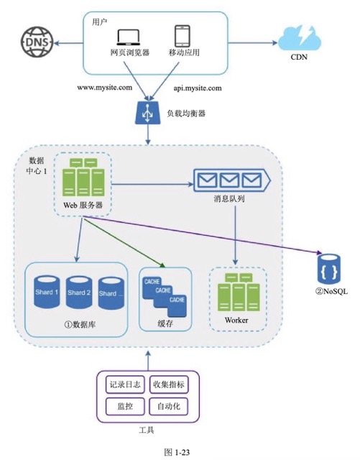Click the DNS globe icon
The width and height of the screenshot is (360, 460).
coord(37,42)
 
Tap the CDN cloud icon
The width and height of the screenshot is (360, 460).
coord(299,38)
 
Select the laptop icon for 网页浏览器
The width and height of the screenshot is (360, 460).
coord(129,37)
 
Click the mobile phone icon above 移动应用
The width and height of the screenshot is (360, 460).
coord(183,36)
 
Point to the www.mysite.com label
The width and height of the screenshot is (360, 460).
coord(105,88)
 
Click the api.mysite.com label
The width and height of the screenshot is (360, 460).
coord(198,88)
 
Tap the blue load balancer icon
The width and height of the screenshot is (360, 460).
coord(148,112)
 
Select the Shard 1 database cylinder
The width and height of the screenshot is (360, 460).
coord(47,292)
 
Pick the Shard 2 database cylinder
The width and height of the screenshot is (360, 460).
coord(79,293)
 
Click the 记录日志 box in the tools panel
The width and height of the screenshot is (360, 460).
coord(125,385)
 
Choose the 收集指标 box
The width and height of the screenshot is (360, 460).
coord(169,385)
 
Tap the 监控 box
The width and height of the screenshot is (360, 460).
coord(125,406)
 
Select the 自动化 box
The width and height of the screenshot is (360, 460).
coord(169,406)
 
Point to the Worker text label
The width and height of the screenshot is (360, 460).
coord(236,320)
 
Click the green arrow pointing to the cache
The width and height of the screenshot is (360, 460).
coord(124,242)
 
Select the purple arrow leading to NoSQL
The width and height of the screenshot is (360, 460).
coord(202,235)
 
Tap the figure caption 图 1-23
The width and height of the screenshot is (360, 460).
coord(177,452)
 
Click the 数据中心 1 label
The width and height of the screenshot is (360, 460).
coord(37,165)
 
